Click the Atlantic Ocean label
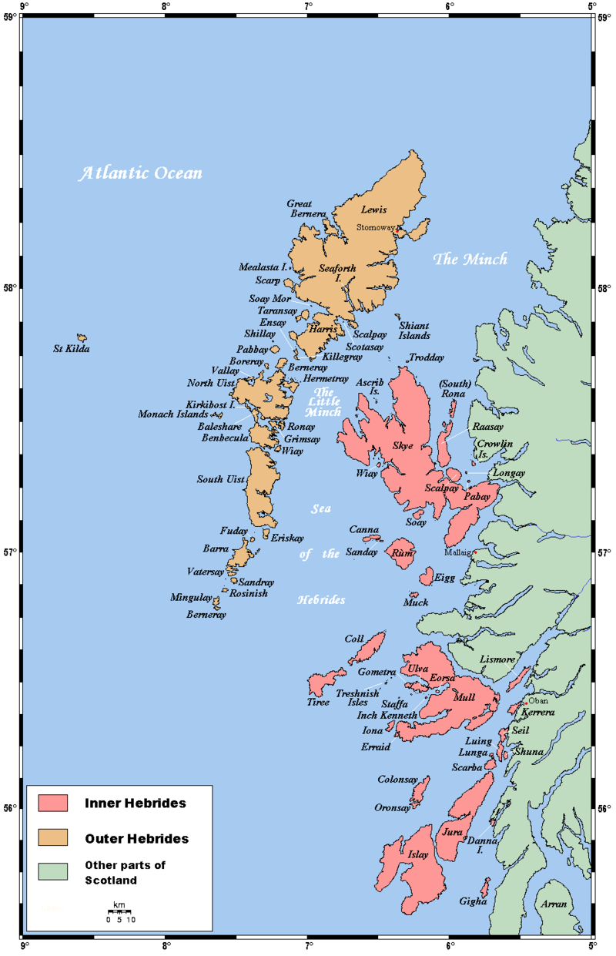pyautogui.click(x=142, y=173)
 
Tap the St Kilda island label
pyautogui.click(x=72, y=349)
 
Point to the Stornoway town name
pyautogui.click(x=376, y=228)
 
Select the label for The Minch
pyautogui.click(x=470, y=260)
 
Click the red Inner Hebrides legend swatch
pyautogui.click(x=54, y=803)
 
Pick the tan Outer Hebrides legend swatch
pyautogui.click(x=54, y=837)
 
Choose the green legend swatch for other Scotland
pyautogui.click(x=54, y=871)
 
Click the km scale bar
pyautogui.click(x=120, y=912)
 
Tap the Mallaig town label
pyautogui.click(x=458, y=552)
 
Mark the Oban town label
pyautogui.click(x=538, y=701)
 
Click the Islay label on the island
pyautogui.click(x=418, y=854)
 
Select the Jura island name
pyautogui.click(x=452, y=832)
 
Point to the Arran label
pyautogui.click(x=554, y=904)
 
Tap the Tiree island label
pyautogui.click(x=318, y=702)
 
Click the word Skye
pyautogui.click(x=403, y=446)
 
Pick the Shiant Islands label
pyautogui.click(x=414, y=330)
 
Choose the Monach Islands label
pyautogui.click(x=173, y=414)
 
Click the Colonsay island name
pyautogui.click(x=397, y=780)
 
